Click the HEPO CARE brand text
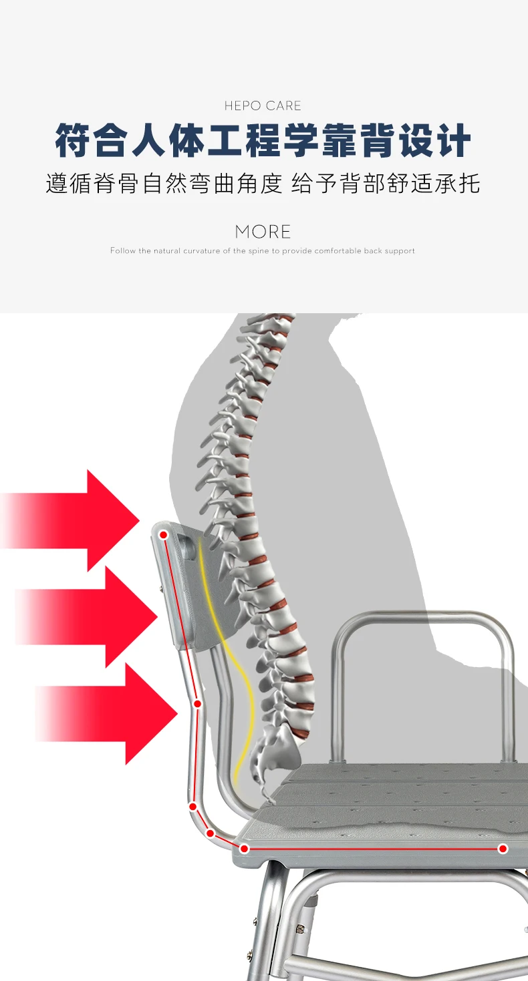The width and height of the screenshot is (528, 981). tap(263, 106)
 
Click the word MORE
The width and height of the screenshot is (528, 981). tap(263, 232)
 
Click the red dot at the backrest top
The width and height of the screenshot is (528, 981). tap(164, 535)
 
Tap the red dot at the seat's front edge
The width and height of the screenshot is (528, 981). tap(503, 848)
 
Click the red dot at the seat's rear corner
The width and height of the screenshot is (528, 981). tap(245, 848)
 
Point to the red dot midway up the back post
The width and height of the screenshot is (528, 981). tap(198, 703)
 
